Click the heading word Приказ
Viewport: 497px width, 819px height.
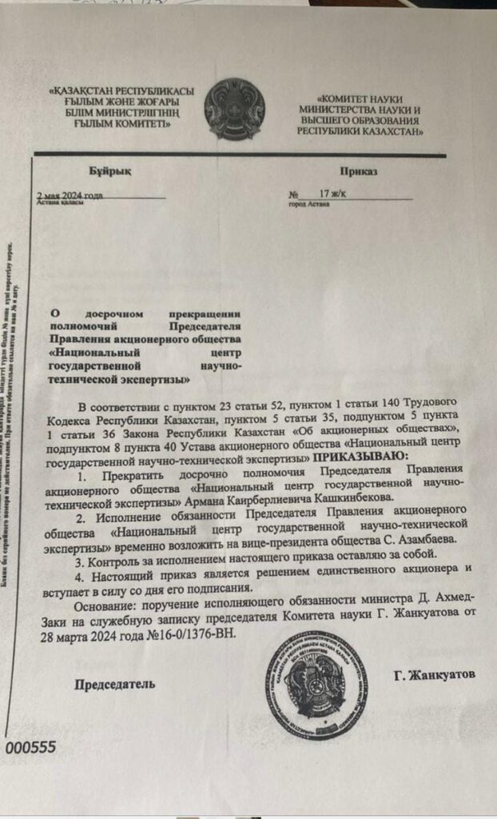coord(358,171)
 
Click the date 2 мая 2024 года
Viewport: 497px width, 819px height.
coord(70,194)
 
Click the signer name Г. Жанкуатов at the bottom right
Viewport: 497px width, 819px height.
coord(434,674)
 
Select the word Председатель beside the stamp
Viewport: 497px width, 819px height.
coord(115,684)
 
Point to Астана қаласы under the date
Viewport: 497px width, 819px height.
coord(61,203)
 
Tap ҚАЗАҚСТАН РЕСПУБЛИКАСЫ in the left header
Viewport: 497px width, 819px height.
coord(121,91)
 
